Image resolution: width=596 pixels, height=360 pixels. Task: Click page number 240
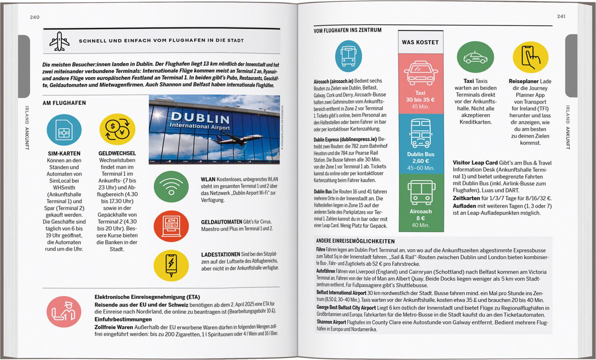point(35,17)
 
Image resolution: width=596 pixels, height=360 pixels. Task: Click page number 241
point(561,16)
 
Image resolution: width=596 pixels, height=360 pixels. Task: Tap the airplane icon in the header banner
point(59,41)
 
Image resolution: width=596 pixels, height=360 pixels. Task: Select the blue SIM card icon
point(64,130)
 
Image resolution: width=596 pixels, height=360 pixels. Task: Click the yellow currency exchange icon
point(117,130)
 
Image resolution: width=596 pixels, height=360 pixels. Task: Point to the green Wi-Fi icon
point(171,186)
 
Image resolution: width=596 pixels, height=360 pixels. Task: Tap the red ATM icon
point(171,226)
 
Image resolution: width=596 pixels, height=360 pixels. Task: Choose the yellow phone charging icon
point(171,265)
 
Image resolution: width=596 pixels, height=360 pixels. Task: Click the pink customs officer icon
point(64,312)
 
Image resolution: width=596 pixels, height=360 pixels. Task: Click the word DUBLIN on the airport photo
point(200,118)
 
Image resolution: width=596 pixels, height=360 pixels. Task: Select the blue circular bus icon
point(348,56)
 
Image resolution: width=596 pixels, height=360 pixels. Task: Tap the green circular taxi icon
point(475,58)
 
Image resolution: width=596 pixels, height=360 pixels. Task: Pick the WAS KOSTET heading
point(420,42)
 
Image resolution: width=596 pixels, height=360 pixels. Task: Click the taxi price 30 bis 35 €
point(420,100)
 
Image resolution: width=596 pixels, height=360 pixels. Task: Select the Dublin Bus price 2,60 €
point(420,161)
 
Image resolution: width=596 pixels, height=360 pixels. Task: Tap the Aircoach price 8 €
point(420,218)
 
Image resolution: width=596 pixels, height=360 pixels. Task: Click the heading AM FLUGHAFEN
point(64,103)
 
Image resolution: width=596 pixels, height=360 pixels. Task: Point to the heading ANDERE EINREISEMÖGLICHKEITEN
point(355,241)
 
